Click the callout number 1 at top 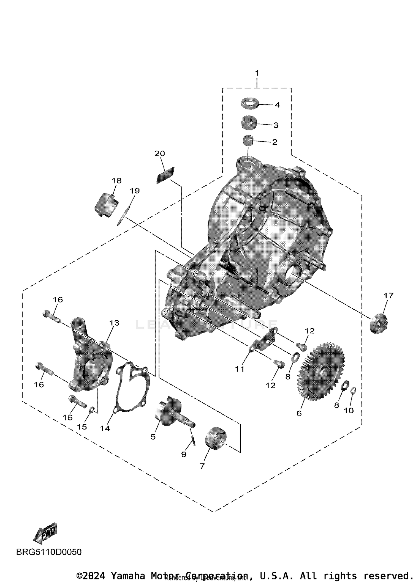click(x=257, y=73)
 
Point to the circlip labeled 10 click(x=353, y=390)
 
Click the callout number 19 click(x=135, y=191)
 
